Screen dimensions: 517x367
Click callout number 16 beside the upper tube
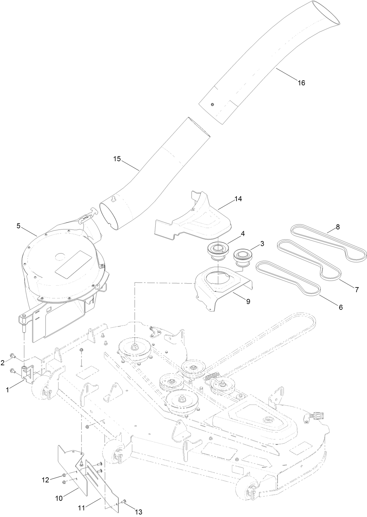301,83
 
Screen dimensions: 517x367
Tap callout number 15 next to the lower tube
117,159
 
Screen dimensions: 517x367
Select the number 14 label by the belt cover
239,199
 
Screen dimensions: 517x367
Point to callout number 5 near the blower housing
18,225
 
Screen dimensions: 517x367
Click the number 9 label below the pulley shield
248,301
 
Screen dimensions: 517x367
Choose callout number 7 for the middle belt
357,290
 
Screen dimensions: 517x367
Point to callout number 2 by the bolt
3,363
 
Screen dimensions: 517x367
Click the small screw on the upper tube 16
213,105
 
